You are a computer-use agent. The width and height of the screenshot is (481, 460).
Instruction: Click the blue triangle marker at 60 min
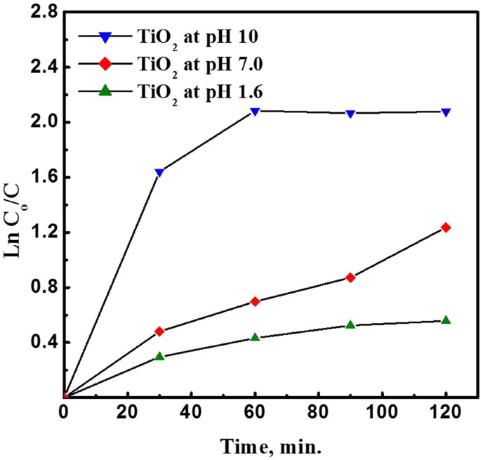[256, 112]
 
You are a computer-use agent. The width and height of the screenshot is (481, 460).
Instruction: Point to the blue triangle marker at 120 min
[446, 112]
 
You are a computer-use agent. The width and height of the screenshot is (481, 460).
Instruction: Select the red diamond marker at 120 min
[446, 228]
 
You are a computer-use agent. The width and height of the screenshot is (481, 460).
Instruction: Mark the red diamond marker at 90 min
[350, 278]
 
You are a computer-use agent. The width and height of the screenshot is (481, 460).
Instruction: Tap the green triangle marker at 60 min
[256, 337]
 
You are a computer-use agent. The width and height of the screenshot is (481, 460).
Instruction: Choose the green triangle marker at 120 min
[446, 320]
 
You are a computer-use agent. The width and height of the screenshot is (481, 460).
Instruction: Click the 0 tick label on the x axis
[65, 414]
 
